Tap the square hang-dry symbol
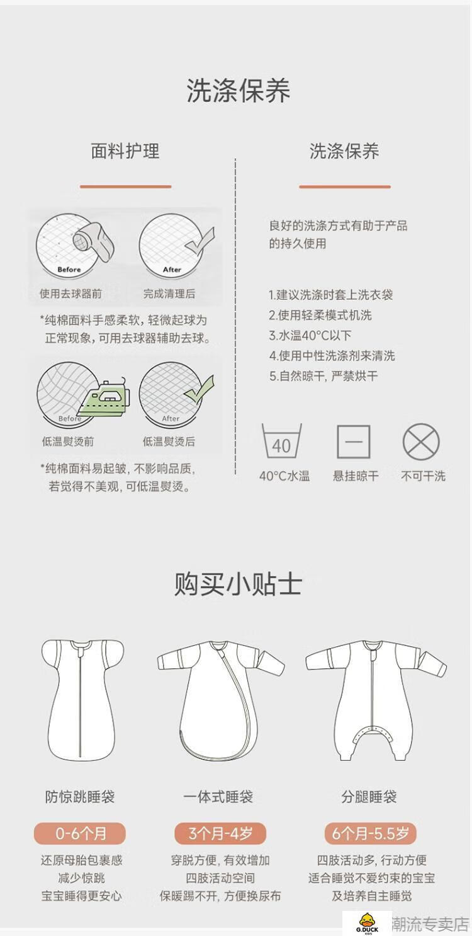click(x=354, y=442)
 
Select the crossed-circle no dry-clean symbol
click(x=421, y=442)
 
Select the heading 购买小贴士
click(x=237, y=585)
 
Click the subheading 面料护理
click(x=125, y=151)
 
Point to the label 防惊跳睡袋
click(x=80, y=797)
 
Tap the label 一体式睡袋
click(x=218, y=797)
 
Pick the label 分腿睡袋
click(x=369, y=797)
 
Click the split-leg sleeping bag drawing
click(x=376, y=699)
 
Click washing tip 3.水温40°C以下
click(x=310, y=336)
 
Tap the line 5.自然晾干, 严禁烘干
click(x=323, y=376)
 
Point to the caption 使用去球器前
click(x=70, y=294)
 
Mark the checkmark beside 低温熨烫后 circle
click(x=199, y=390)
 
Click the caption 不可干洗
click(x=423, y=476)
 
